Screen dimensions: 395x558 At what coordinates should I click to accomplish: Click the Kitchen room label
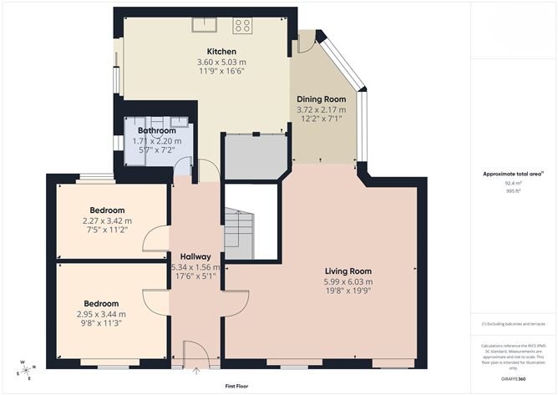point(210,52)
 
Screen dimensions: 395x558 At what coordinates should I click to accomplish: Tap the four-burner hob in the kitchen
point(243,25)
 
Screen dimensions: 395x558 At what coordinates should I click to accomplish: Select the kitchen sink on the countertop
point(204,24)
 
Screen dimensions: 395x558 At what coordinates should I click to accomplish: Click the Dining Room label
point(321,99)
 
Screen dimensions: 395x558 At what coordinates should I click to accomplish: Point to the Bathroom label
point(156,131)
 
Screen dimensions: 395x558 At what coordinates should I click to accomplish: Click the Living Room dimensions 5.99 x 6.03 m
point(349,282)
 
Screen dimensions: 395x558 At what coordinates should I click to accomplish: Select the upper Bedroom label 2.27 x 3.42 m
point(104,220)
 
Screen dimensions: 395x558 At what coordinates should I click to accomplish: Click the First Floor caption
point(237,387)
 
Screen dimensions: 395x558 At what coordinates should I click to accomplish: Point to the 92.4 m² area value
point(512,183)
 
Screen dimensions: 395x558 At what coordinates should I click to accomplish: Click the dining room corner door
point(306,43)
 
